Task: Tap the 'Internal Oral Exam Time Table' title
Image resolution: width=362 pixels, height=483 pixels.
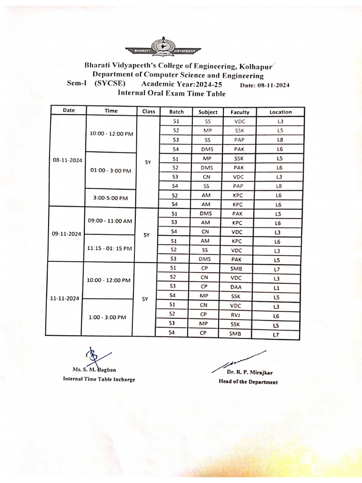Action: point(172,93)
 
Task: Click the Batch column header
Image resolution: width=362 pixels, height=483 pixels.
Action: point(176,112)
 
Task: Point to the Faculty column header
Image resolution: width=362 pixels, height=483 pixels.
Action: point(239,112)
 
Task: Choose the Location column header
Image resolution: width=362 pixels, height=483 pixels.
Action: point(280,112)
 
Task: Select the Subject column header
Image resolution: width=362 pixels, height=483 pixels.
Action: point(208,112)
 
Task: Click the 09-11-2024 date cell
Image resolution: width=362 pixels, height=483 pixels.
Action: point(67,234)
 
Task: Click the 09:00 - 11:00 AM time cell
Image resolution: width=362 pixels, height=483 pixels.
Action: point(110,221)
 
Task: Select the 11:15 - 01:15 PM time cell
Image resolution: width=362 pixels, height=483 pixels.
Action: point(110,248)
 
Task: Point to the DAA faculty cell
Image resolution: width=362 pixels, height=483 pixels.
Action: point(235,287)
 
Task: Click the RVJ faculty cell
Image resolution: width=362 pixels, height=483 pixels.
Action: point(235,315)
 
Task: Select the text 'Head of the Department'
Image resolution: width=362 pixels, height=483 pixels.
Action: point(247,382)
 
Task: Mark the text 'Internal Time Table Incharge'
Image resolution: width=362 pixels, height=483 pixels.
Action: point(99,379)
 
